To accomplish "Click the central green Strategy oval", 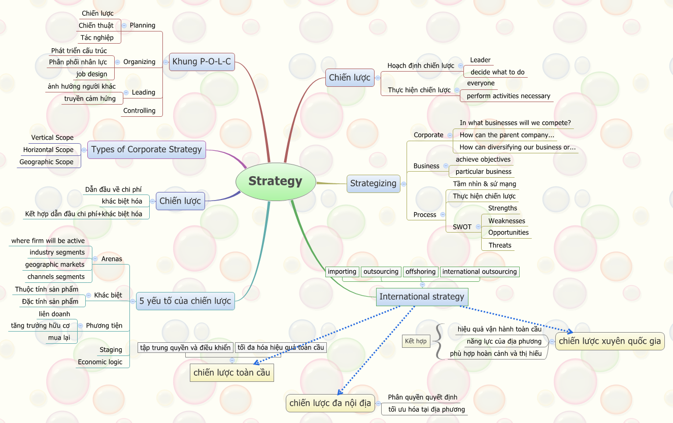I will tap(276, 181).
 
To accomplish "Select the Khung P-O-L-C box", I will tap(201, 61).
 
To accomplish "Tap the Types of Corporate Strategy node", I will tap(147, 149).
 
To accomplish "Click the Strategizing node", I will tap(373, 183).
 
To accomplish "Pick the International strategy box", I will tap(422, 297).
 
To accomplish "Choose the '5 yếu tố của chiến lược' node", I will tap(185, 301).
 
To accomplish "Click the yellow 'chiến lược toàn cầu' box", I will tap(232, 373).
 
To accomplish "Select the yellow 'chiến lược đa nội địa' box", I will tap(330, 403).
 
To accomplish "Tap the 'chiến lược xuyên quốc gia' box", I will tap(610, 341).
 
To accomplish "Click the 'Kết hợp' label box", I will tap(416, 341).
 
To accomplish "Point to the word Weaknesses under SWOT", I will tap(507, 221).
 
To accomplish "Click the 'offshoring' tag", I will tap(420, 272).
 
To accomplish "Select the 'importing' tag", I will tap(342, 272).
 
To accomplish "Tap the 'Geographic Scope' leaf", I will tap(47, 162).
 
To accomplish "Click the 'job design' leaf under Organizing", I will tap(92, 74).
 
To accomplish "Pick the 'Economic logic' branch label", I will tap(100, 362).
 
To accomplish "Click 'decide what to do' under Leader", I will tap(497, 72).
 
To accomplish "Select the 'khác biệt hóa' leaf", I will tap(122, 202).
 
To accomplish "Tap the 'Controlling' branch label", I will tap(139, 111).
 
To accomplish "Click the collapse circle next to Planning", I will tap(124, 25).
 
